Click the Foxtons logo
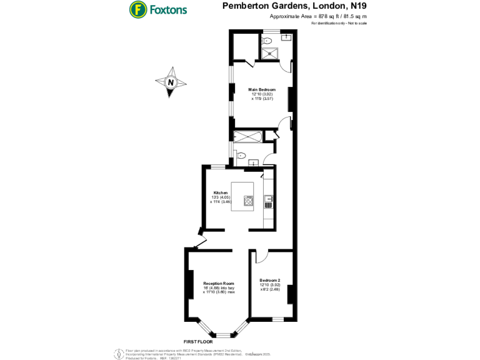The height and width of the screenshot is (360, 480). (157, 10)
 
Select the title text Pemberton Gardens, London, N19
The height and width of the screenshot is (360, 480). (294, 6)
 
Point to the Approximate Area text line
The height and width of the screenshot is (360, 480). (318, 16)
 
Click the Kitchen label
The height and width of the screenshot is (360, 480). (221, 192)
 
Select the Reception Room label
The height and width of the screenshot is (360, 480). (218, 283)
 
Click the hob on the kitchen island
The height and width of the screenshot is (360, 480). (249, 201)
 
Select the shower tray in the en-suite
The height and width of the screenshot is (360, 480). (271, 52)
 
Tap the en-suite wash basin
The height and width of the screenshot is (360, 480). (286, 38)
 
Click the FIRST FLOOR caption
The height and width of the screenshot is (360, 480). (198, 342)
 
